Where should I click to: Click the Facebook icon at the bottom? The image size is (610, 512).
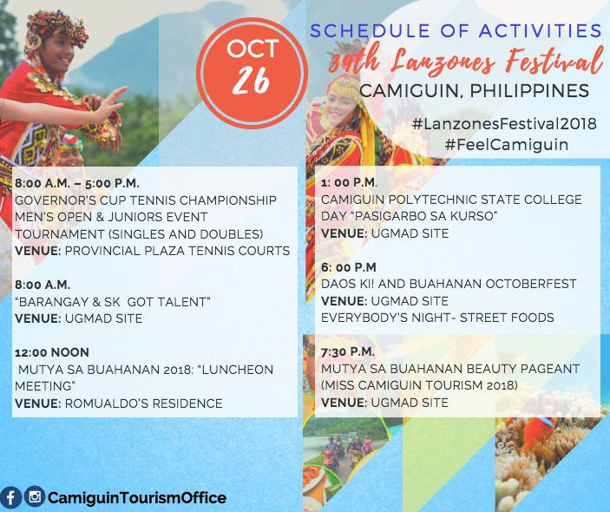click(x=11, y=497)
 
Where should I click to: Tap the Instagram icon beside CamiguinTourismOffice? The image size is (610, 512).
click(x=35, y=497)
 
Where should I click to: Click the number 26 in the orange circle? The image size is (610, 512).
click(x=252, y=81)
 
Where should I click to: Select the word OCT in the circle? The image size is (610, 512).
click(x=253, y=49)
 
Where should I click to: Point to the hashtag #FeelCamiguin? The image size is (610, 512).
click(x=507, y=145)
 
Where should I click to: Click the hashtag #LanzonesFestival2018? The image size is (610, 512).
click(x=504, y=124)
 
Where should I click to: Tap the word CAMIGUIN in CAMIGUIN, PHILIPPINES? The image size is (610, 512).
click(x=410, y=91)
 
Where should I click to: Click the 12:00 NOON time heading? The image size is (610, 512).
click(x=52, y=352)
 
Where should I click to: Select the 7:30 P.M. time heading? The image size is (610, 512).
click(x=348, y=351)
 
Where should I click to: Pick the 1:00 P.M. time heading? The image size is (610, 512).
click(x=349, y=182)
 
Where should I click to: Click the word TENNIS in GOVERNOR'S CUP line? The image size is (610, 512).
click(x=153, y=200)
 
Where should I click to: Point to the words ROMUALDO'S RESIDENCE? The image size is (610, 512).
click(x=143, y=404)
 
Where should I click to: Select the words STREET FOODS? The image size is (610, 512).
click(x=507, y=318)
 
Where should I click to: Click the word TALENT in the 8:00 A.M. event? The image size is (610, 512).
click(x=182, y=302)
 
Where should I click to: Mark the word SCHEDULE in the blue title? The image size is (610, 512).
click(x=370, y=30)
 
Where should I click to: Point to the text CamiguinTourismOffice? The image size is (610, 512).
click(x=137, y=498)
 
